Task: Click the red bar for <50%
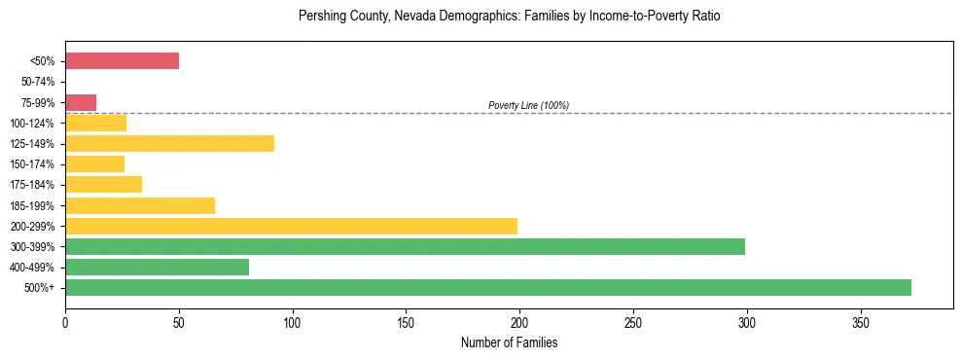[122, 61]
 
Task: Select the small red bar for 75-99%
[81, 102]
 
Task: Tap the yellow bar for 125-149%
[169, 144]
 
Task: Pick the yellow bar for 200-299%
[291, 226]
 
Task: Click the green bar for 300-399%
[405, 247]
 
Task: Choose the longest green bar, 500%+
[487, 288]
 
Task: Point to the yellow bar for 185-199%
[140, 205]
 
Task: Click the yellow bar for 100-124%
[95, 123]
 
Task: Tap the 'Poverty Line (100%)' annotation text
[528, 105]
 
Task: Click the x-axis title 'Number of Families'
[509, 342]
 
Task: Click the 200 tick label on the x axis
[519, 322]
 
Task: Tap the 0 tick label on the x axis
[65, 322]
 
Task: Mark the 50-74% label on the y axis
[38, 82]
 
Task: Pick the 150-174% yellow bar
[94, 164]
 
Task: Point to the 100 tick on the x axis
[292, 322]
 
